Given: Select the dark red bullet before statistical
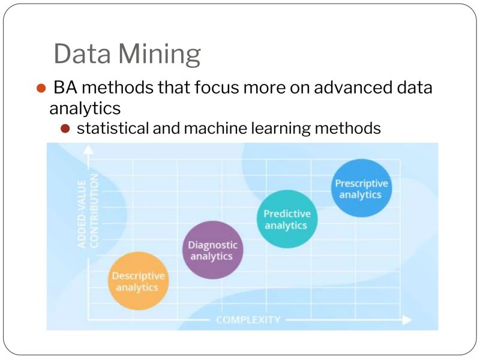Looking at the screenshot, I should pyautogui.click(x=65, y=128).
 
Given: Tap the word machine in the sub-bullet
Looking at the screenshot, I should pyautogui.click(x=208, y=128).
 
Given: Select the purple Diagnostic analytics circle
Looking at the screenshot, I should pyautogui.click(x=212, y=250).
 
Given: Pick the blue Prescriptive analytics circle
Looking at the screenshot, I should pyautogui.click(x=361, y=188).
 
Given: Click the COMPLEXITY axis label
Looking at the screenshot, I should pyautogui.click(x=248, y=320).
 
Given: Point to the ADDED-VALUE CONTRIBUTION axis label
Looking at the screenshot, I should pyautogui.click(x=88, y=211).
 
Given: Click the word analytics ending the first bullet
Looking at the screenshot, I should pyautogui.click(x=85, y=108).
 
